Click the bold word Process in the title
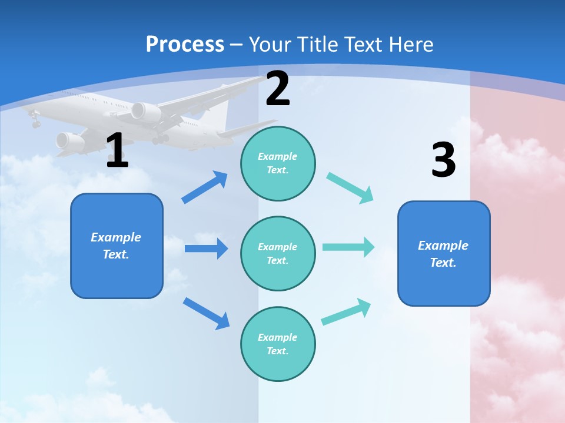tap(185, 44)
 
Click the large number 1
tap(117, 151)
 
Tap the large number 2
tap(278, 89)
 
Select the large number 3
tap(443, 160)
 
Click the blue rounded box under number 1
tap(117, 246)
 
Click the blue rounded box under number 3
tap(444, 253)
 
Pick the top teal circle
tap(278, 163)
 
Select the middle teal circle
tap(278, 253)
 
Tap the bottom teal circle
tap(278, 344)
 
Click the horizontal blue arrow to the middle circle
tap(206, 249)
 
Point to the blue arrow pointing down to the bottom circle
tap(206, 313)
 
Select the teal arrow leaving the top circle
tap(350, 188)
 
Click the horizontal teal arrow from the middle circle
tap(348, 247)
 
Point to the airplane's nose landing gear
tap(35, 122)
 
